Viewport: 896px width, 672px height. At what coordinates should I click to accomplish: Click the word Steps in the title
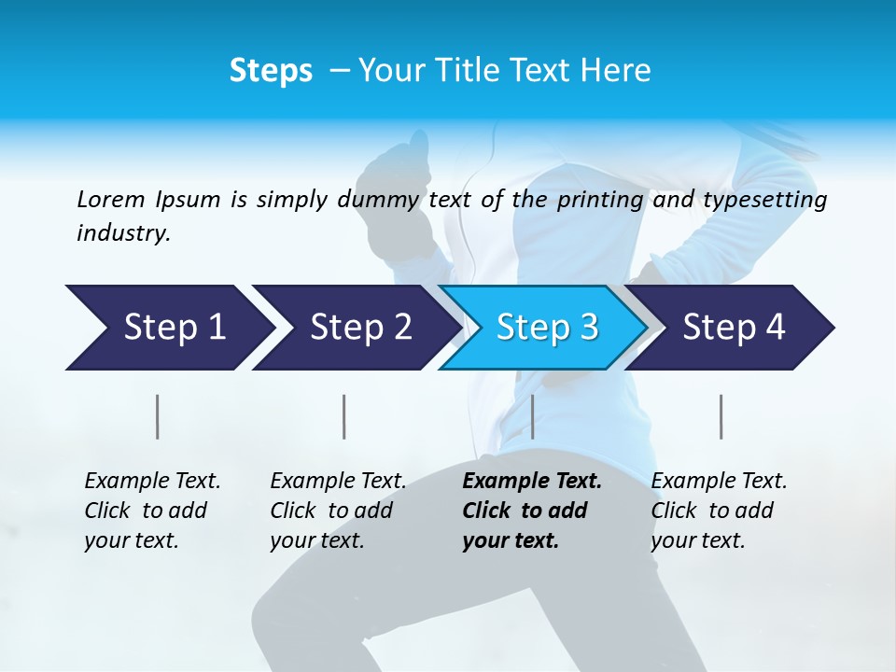(271, 71)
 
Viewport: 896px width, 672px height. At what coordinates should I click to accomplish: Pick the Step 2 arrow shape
(355, 328)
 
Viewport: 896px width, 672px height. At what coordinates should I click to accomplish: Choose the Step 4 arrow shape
(733, 328)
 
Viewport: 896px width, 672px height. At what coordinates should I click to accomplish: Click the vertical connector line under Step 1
(158, 416)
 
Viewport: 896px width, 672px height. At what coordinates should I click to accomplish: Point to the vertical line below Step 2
(344, 416)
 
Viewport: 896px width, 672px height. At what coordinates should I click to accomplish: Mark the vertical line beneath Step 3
(532, 416)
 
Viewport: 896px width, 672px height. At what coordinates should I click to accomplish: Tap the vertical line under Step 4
(721, 416)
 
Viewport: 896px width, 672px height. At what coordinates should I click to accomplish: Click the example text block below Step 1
(152, 511)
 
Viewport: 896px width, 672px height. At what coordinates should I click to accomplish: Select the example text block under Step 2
(338, 511)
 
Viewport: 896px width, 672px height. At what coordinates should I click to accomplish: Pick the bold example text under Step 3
(531, 511)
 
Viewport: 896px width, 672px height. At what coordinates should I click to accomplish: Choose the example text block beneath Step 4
(719, 511)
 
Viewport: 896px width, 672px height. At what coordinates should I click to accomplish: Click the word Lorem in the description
(110, 200)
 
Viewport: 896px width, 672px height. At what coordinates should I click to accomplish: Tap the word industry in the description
(122, 233)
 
